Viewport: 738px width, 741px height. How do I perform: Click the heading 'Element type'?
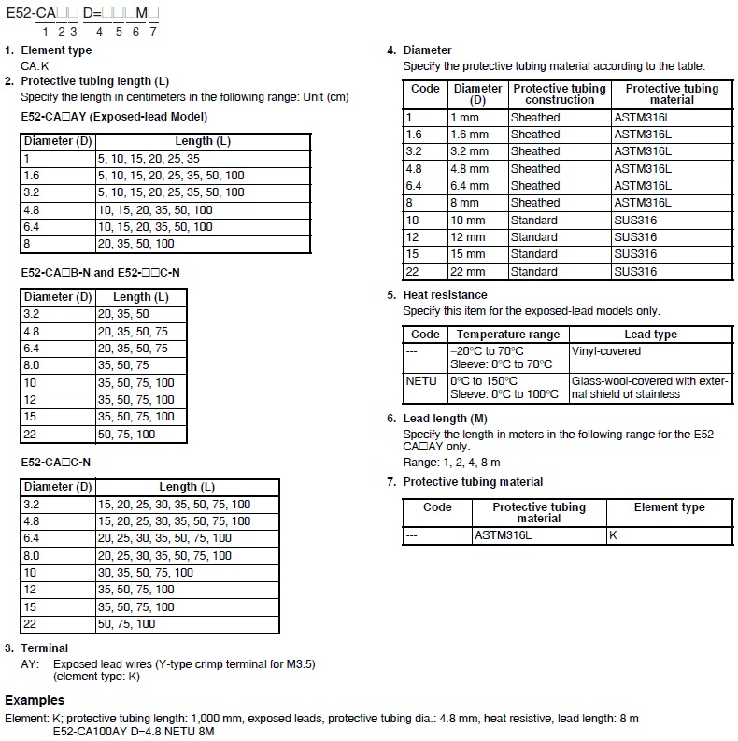56,50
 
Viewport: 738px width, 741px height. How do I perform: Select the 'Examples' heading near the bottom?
35,699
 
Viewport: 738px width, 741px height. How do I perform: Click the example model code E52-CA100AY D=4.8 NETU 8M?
134,731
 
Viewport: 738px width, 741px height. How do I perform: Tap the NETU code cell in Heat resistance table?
421,381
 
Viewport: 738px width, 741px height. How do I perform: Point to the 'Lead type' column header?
650,335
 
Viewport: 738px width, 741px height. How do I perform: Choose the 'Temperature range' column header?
508,335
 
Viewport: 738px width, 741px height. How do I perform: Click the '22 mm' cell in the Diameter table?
468,272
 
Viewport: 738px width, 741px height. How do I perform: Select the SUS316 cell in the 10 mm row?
635,221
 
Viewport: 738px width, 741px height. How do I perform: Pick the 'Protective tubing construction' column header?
559,94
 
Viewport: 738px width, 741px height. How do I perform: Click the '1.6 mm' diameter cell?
469,135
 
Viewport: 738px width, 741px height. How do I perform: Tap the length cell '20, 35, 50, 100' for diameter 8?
136,244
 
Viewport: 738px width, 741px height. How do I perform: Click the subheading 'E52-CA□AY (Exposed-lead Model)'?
114,117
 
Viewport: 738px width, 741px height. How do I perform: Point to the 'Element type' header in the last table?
669,507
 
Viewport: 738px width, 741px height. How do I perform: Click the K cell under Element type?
613,535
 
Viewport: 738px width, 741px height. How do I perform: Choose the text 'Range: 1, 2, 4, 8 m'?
451,463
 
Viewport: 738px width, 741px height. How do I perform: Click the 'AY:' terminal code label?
31,664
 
